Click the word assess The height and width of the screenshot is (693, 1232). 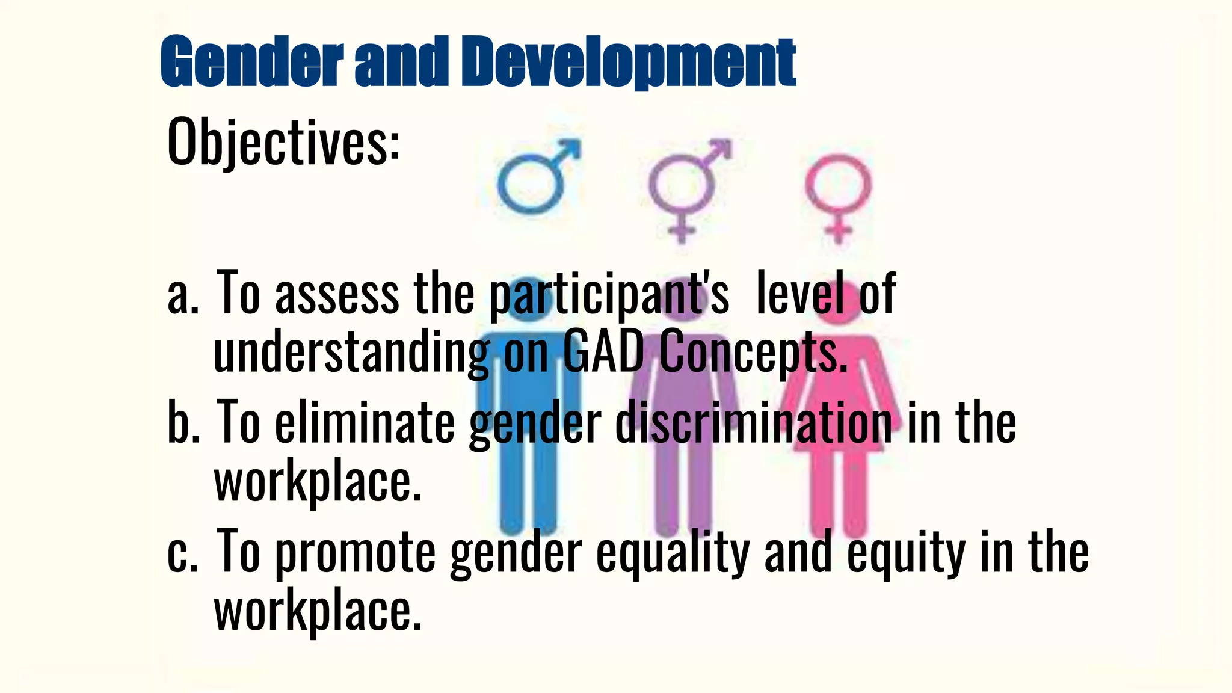pos(337,295)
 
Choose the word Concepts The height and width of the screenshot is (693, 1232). pos(752,354)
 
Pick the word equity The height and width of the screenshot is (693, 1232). pos(906,553)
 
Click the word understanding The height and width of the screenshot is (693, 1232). pos(351,354)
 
